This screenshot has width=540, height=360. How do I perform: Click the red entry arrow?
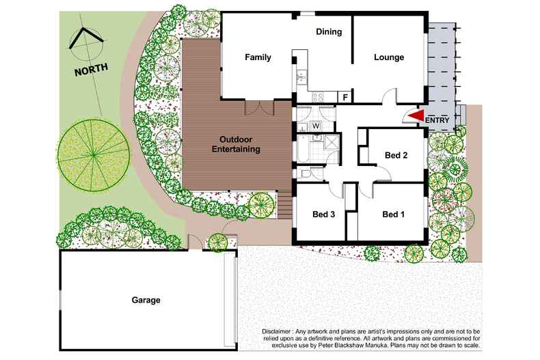click(x=416, y=117)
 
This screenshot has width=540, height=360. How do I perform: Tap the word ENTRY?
click(x=438, y=120)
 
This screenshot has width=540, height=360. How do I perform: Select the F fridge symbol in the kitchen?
click(x=345, y=98)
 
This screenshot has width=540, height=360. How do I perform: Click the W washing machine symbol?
click(x=316, y=125)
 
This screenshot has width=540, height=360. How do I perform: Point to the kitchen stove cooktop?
click(x=319, y=97)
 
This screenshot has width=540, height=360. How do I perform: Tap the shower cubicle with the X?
click(x=332, y=143)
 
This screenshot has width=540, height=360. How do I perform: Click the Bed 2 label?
click(x=396, y=155)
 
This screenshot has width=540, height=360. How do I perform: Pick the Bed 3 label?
click(x=323, y=214)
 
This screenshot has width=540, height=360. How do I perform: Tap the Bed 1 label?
click(x=393, y=214)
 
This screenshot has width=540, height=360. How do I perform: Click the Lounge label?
click(x=388, y=57)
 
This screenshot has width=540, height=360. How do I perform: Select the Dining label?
click(x=328, y=31)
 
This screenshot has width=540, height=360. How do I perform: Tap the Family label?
click(x=258, y=57)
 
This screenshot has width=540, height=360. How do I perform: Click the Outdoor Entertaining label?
click(x=235, y=144)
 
